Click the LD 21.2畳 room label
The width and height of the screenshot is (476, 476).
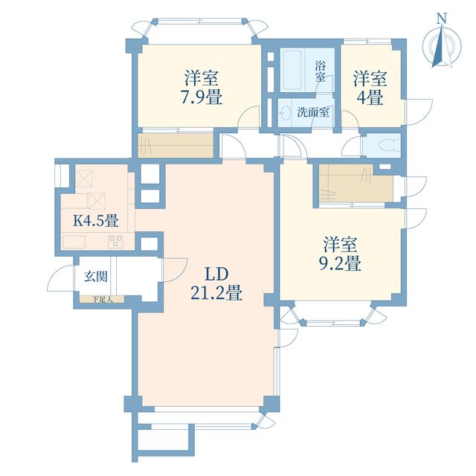pyautogui.click(x=216, y=284)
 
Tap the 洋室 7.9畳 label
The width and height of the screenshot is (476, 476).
pyautogui.click(x=202, y=88)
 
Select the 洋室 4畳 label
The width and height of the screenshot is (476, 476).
pyautogui.click(x=370, y=88)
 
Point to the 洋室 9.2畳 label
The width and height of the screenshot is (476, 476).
pyautogui.click(x=340, y=254)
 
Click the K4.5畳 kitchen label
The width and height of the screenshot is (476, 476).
pyautogui.click(x=96, y=221)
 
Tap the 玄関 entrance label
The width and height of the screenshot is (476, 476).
pyautogui.click(x=96, y=276)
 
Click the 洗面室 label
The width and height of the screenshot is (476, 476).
pyautogui.click(x=313, y=112)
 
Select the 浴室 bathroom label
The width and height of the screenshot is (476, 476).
pyautogui.click(x=320, y=71)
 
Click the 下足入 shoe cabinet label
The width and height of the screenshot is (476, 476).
pyautogui.click(x=103, y=300)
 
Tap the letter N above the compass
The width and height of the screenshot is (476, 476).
pyautogui.click(x=442, y=19)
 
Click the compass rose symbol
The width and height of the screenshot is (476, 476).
pyautogui.click(x=442, y=47)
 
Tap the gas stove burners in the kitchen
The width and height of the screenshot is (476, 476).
pyautogui.click(x=116, y=242)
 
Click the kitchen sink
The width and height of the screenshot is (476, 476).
pyautogui.click(x=74, y=242)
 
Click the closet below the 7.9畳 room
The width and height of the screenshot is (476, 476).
pyautogui.click(x=176, y=146)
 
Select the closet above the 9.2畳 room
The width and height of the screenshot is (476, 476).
pyautogui.click(x=356, y=183)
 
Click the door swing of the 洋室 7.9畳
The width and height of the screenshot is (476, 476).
pyautogui.click(x=248, y=117)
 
